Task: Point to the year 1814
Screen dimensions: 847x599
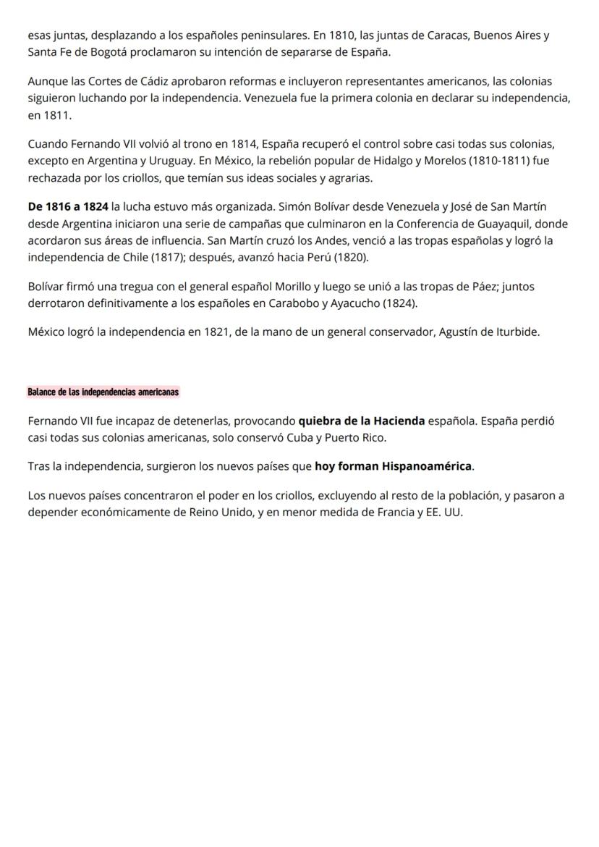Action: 244,144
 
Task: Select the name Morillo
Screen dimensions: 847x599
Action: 284,287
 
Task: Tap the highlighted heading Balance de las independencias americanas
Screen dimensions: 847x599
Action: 103,392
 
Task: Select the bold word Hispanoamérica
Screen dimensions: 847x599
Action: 428,467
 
